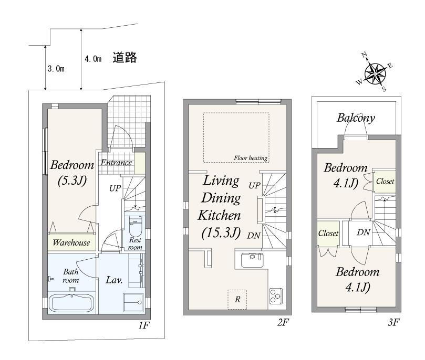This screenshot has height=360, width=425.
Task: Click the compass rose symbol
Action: [x=375, y=73]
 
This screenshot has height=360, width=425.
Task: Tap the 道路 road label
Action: [x=125, y=58]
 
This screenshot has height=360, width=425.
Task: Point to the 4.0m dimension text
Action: [x=93, y=59]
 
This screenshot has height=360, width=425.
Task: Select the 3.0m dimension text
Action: [x=56, y=69]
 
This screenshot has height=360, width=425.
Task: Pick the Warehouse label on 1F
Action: [x=71, y=242]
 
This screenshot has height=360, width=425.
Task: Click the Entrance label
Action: [x=116, y=162]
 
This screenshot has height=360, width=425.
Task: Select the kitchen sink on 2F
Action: [x=252, y=260]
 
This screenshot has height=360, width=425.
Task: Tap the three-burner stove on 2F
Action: [x=276, y=295]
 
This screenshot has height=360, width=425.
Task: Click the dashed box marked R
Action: [x=237, y=299]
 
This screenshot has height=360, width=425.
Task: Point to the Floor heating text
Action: [x=251, y=158]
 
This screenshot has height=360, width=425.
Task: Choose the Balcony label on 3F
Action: [x=356, y=118]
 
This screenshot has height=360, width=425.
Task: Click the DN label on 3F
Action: [x=364, y=232]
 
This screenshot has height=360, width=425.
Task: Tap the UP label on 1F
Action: [x=115, y=188]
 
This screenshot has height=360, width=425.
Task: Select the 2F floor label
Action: [x=283, y=322]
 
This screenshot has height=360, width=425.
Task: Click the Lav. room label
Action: [x=114, y=280]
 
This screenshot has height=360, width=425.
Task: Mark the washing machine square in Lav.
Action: [x=133, y=303]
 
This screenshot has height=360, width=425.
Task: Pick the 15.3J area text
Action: [x=221, y=233]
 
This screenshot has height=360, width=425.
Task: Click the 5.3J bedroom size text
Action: [x=72, y=181]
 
